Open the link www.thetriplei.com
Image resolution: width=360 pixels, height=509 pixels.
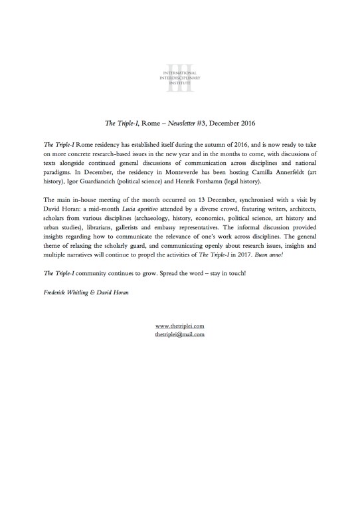(x=179, y=326)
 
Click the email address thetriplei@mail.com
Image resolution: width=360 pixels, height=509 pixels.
(x=179, y=336)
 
